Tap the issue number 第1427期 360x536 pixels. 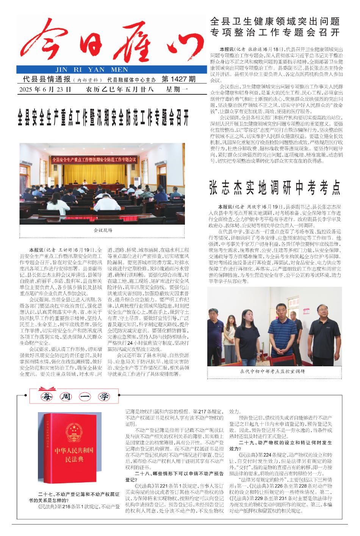(178, 80)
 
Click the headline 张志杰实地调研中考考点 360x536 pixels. (275, 188)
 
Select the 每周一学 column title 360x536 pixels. (74, 397)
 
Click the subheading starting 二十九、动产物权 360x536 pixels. (281, 445)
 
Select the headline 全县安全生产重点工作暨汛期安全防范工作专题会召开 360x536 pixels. (103, 119)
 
